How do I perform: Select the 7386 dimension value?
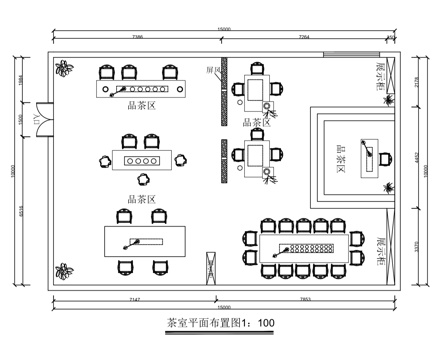click(x=137, y=38)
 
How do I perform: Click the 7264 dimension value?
click(x=303, y=38)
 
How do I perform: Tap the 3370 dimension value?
click(x=418, y=246)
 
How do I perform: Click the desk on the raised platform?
click(x=375, y=156)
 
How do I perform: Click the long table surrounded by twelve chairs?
click(x=304, y=246)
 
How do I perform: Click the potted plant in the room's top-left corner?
click(x=66, y=69)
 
